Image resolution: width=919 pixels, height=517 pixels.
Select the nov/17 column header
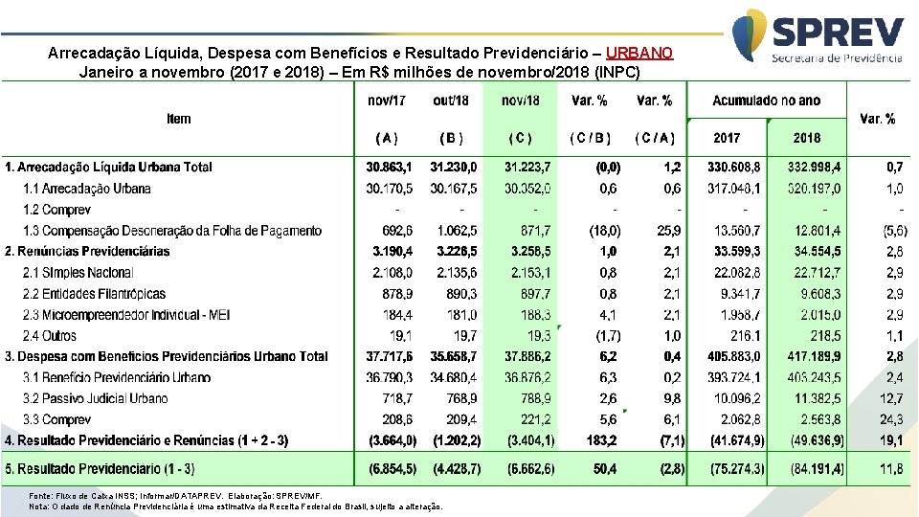pyautogui.click(x=387, y=101)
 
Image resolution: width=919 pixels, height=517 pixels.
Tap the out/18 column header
pyautogui.click(x=451, y=101)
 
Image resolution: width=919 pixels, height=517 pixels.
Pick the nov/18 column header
pyautogui.click(x=520, y=101)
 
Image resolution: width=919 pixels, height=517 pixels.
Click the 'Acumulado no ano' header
pyautogui.click(x=766, y=101)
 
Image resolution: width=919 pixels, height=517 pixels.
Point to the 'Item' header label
pyautogui.click(x=179, y=119)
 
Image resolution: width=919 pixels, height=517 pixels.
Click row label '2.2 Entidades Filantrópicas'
pyautogui.click(x=95, y=294)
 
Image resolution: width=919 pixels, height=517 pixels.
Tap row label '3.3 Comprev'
pyautogui.click(x=56, y=419)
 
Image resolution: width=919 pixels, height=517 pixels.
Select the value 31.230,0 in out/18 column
pyautogui.click(x=456, y=167)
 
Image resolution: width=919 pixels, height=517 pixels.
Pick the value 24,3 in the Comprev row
pyautogui.click(x=891, y=419)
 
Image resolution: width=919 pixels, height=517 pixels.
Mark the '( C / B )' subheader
pyautogui.click(x=590, y=138)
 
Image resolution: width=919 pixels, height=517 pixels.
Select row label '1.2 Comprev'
pyautogui.click(x=56, y=210)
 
